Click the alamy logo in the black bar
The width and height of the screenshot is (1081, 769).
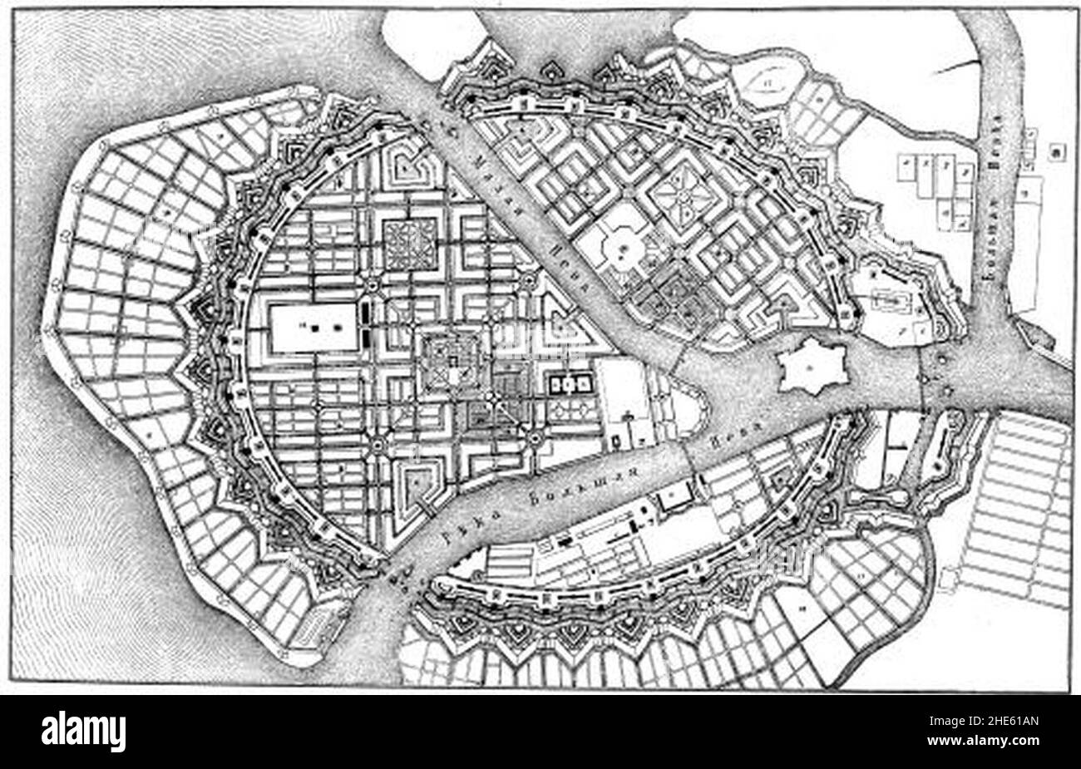pos(84,732)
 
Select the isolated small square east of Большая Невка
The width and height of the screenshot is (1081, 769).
pos(1057,150)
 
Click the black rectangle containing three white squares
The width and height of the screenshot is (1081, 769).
pos(569,383)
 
